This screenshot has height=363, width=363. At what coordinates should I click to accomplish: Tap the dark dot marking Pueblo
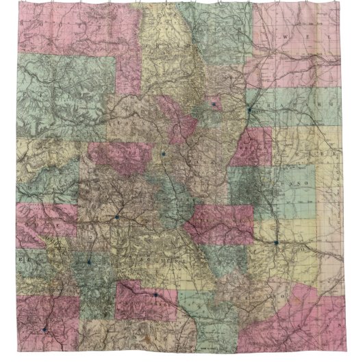[276, 242]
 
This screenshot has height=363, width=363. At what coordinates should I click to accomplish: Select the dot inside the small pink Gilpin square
[214, 104]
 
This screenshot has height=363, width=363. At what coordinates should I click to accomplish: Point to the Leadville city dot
[164, 154]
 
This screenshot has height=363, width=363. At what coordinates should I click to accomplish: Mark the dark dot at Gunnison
[117, 217]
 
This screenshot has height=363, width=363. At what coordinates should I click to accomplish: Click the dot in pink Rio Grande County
[155, 295]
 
